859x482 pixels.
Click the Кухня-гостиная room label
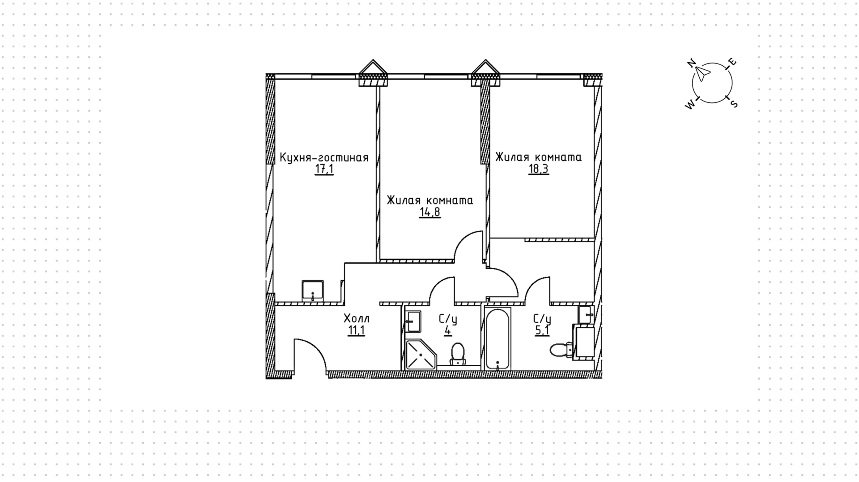pos(324,158)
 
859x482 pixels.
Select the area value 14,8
pos(430,212)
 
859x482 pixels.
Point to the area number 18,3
pos(538,169)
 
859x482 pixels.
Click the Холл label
pos(357,319)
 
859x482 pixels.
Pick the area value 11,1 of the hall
pos(356,331)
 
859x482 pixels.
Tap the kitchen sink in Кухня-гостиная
pos(313,290)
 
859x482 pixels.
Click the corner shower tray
pos(420,355)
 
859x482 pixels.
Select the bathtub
pos(497,338)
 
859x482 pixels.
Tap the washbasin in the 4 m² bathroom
pos(413,321)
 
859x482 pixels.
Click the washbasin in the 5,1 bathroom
pos(585,314)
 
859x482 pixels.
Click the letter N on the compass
pos(692,63)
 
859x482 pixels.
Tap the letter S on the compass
pos(734,104)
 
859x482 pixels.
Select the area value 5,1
pos(542,331)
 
